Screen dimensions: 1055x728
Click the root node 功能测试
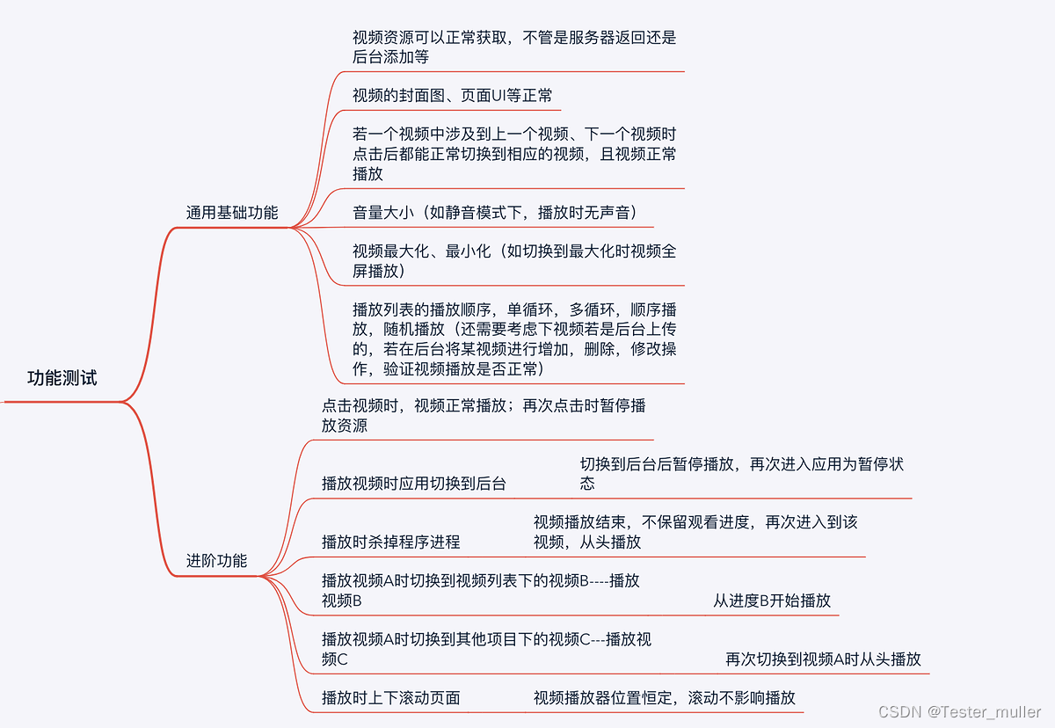pos(62,379)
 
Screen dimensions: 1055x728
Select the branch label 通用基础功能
pos(232,212)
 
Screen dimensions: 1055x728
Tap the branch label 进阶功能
pos(216,560)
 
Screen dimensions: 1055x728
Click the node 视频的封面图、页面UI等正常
pos(452,95)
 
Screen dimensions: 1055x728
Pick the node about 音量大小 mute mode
pos(494,212)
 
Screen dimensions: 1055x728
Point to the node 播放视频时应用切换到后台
pos(413,483)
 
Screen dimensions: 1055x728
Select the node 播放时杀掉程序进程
pos(390,542)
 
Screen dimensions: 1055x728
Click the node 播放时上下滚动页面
pos(390,698)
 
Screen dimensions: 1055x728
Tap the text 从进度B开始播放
pos(772,601)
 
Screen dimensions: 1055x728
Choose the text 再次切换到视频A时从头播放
pos(823,659)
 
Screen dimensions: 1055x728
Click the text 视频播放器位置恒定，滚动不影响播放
pos(664,698)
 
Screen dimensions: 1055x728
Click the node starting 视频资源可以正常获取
pos(513,47)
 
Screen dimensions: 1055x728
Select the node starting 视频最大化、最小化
pos(513,261)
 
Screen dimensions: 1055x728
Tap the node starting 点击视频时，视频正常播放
pos(484,416)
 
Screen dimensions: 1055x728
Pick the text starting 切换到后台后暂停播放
pos(741,474)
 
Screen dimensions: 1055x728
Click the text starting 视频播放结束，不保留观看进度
pos(695,532)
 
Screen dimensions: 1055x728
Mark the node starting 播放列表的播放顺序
pos(513,339)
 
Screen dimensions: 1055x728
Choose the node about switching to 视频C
pos(486,649)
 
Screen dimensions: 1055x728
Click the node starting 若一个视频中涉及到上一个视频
pos(513,154)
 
